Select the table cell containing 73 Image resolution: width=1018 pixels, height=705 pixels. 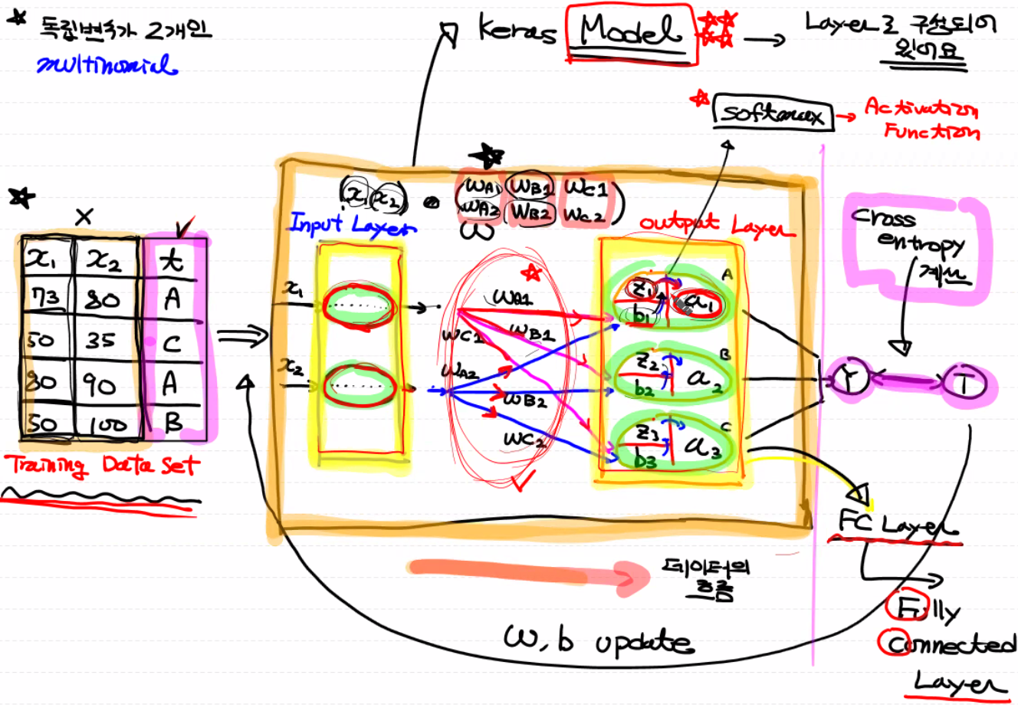(47, 297)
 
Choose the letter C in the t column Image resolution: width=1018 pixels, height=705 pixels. (173, 342)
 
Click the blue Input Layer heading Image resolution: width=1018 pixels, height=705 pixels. (352, 224)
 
